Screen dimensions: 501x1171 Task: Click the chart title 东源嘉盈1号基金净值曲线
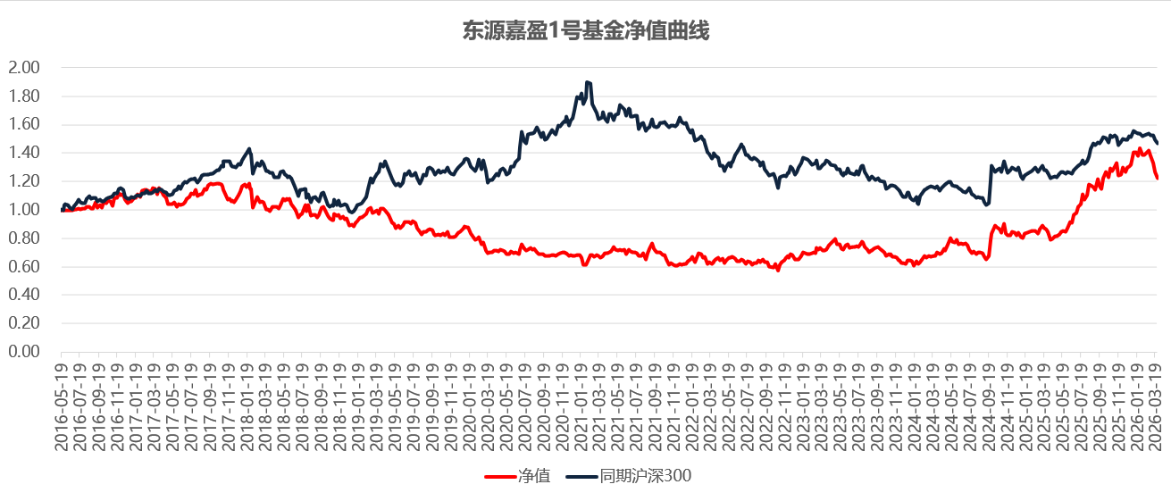pos(585,31)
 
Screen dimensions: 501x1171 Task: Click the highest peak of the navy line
pos(587,82)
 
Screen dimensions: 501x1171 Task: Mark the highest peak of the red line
pos(1140,149)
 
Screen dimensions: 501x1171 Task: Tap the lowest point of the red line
pos(778,270)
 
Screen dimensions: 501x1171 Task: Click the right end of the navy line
pos(1158,144)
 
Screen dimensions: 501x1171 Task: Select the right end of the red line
pos(1158,179)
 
